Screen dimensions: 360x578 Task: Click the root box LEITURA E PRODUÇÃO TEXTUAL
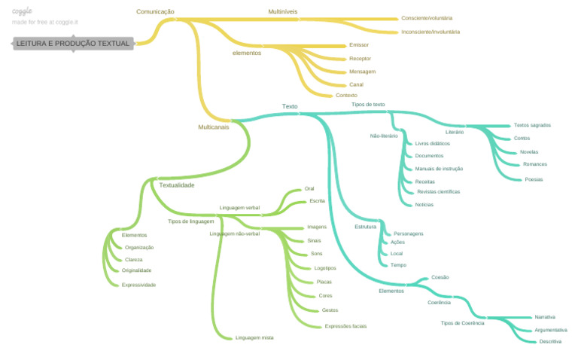pos(73,44)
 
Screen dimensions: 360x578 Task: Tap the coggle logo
pos(22,11)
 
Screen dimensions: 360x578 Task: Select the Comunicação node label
pos(155,12)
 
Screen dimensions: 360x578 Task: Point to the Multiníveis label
pos(283,12)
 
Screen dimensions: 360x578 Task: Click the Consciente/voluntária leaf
pos(427,18)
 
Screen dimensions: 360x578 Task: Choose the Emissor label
pos(359,45)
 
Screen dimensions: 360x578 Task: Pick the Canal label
pos(356,84)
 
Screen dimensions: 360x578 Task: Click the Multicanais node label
pos(213,127)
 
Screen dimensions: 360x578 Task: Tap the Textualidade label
pos(177,185)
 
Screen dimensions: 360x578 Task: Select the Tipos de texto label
pos(368,105)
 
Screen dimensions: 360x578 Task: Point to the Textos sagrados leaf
pos(532,125)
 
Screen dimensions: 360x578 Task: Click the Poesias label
pos(534,179)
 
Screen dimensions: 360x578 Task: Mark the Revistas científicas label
pos(438,192)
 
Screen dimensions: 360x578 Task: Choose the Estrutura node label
pos(365,227)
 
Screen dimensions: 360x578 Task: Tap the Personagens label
pos(408,233)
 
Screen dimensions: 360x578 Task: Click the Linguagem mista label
pos(254,337)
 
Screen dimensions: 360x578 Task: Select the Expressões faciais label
pos(345,326)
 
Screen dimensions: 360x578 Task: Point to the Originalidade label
pos(136,270)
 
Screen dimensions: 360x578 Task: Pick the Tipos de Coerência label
pos(462,323)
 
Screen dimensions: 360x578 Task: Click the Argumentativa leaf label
pos(550,330)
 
